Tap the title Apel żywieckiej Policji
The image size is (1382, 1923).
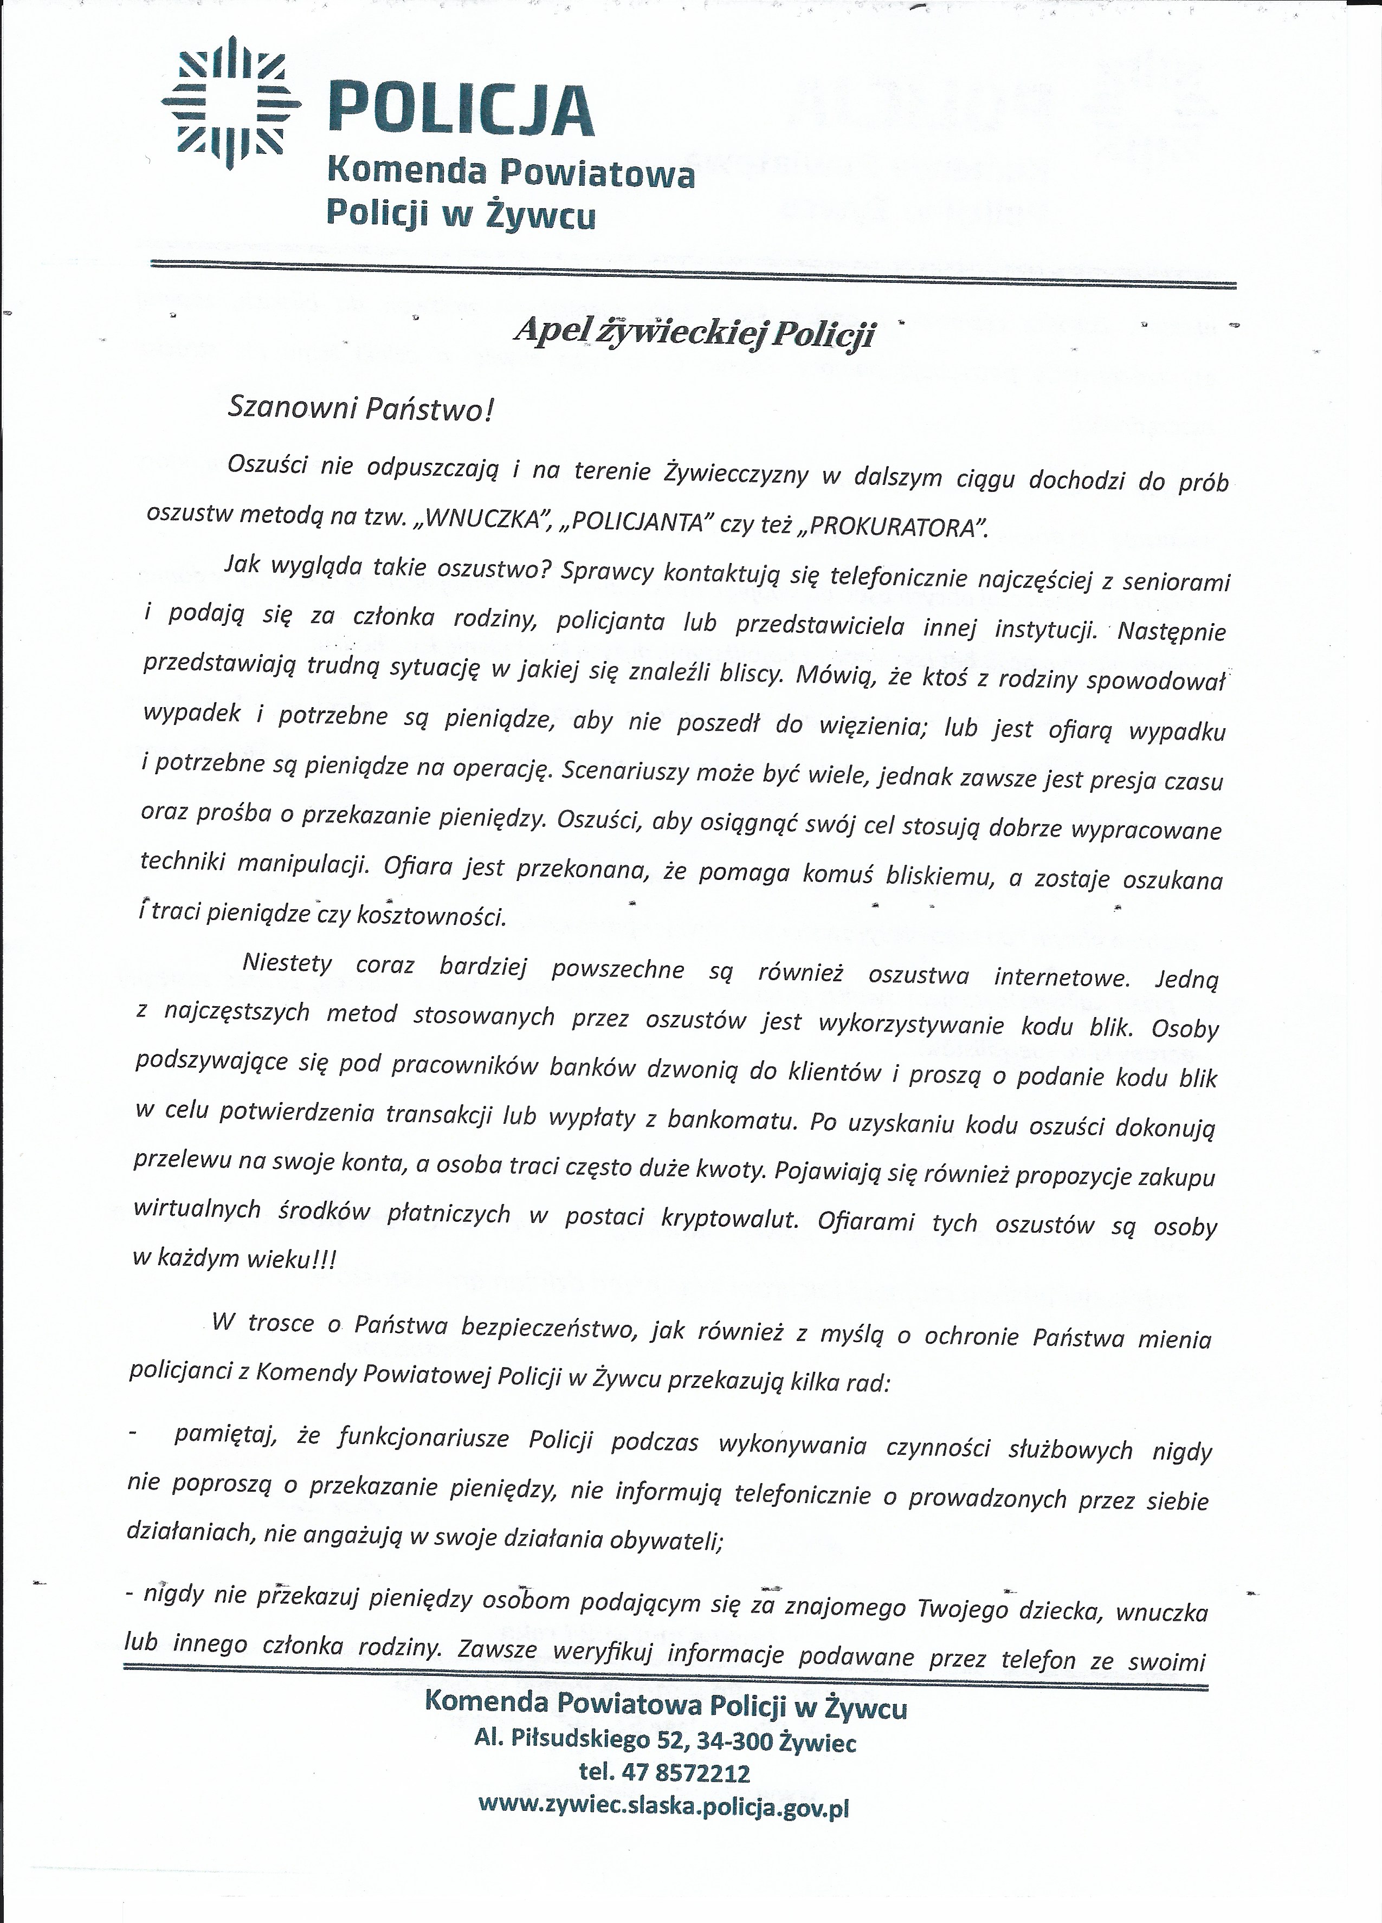click(694, 333)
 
